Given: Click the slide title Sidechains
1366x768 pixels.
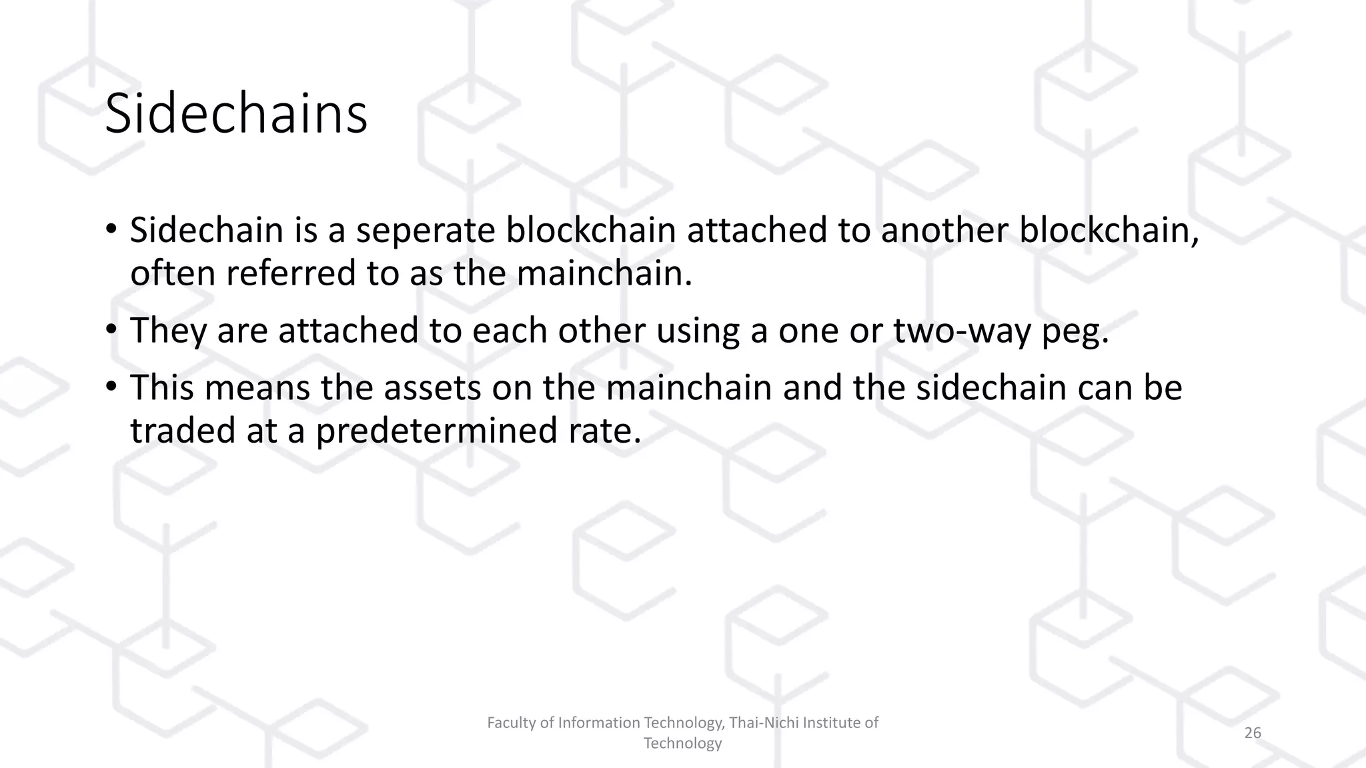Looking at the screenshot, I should (236, 114).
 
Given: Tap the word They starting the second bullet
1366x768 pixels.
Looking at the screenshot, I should (168, 331).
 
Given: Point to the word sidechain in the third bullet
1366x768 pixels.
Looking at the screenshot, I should (991, 388).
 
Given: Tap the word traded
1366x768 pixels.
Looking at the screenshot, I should (182, 431).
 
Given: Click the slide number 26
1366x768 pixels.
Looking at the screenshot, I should (1253, 733).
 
